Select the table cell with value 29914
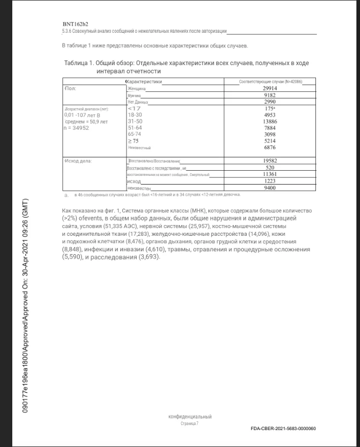[x=270, y=89]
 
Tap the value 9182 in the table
[x=270, y=95]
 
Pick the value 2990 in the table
[x=270, y=102]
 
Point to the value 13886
[x=270, y=121]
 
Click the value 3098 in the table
[x=270, y=134]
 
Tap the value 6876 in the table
[x=270, y=147]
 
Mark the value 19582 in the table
[x=270, y=160]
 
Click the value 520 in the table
[x=270, y=168]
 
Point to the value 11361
[x=270, y=174]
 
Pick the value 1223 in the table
[x=270, y=181]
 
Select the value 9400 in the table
[x=270, y=188]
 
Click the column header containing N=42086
[x=270, y=82]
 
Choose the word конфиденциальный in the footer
[x=190, y=417]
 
